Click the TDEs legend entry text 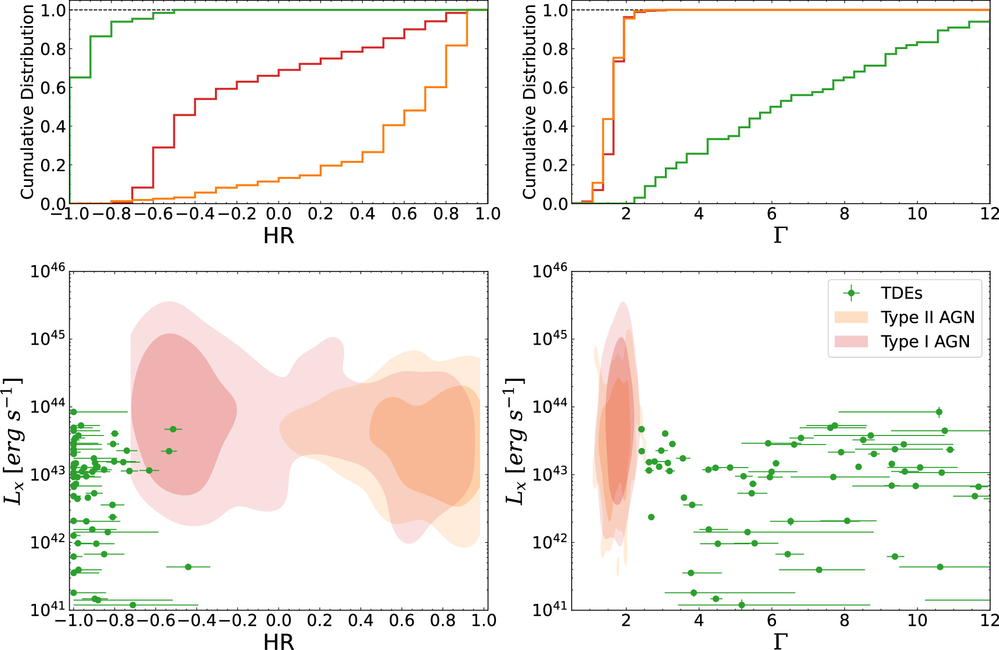click(901, 293)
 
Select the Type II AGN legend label click(928, 317)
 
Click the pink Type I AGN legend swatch click(851, 341)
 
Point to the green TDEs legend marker click(851, 293)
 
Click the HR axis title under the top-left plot click(279, 236)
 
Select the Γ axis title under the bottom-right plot click(780, 641)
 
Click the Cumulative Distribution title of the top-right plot click(529, 102)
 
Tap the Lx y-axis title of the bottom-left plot click(13, 441)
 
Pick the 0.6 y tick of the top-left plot click(53, 88)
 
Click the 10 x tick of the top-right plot click(917, 214)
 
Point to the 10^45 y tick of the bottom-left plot click(48, 339)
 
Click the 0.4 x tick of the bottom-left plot click(361, 621)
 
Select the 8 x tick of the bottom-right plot click(845, 621)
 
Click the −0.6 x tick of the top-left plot click(153, 214)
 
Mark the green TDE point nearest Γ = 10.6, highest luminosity click(939, 412)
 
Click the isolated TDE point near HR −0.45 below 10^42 click(188, 567)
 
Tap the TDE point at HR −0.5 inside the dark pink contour click(173, 429)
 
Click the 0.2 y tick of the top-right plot click(555, 165)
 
